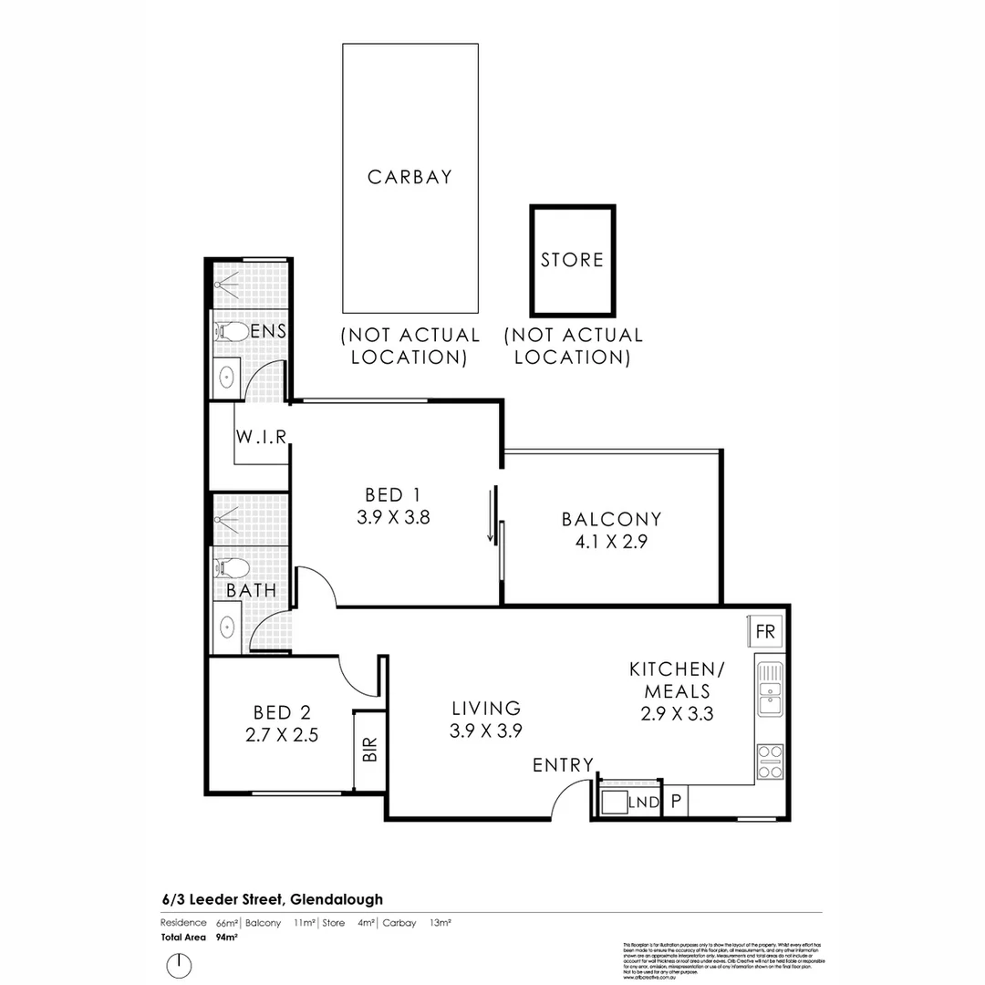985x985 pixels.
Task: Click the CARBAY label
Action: pyautogui.click(x=410, y=177)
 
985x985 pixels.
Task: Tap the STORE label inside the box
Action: pyautogui.click(x=572, y=260)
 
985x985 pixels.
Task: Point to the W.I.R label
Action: pyautogui.click(x=262, y=437)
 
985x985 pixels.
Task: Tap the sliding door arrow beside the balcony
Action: pyautogui.click(x=491, y=516)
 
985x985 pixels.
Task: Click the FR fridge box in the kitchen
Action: pyautogui.click(x=765, y=631)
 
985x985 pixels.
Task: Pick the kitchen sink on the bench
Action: pyautogui.click(x=770, y=689)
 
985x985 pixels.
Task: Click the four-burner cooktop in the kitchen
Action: pyautogui.click(x=770, y=762)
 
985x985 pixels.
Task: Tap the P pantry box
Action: pyautogui.click(x=676, y=802)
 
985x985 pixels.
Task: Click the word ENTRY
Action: pyautogui.click(x=563, y=765)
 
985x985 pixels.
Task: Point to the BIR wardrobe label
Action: pyautogui.click(x=369, y=750)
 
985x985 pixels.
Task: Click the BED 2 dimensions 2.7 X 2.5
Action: pyautogui.click(x=282, y=735)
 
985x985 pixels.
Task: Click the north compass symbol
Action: pyautogui.click(x=179, y=964)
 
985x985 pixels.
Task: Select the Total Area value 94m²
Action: pyautogui.click(x=227, y=937)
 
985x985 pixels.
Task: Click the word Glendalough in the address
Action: pyautogui.click(x=336, y=899)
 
